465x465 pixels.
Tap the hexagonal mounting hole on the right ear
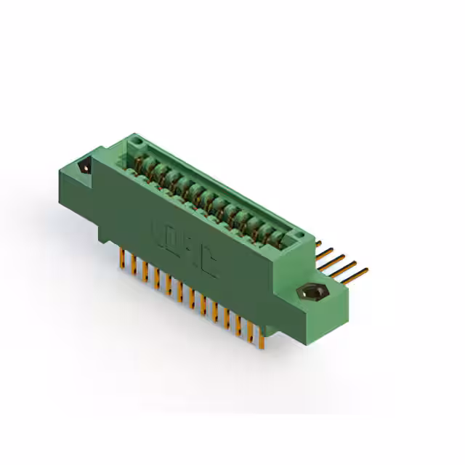pos(313,293)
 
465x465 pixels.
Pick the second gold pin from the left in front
pos(134,264)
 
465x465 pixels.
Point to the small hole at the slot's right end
pos(299,235)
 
